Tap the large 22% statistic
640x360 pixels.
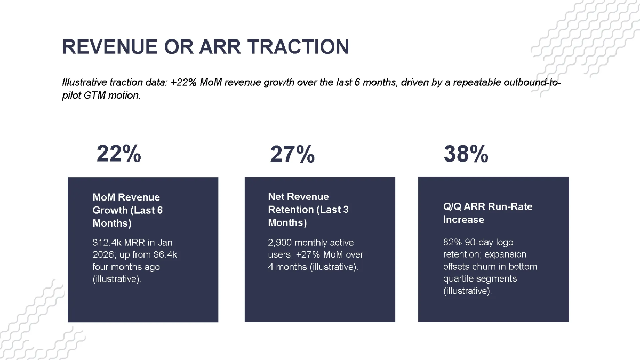tap(118, 154)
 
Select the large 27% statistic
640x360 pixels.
tap(292, 155)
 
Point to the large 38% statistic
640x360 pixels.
tap(466, 155)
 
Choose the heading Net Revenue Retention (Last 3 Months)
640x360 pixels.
tap(308, 210)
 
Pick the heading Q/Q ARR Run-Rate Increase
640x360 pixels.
tap(487, 213)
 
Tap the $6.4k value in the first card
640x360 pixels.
tap(166, 254)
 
